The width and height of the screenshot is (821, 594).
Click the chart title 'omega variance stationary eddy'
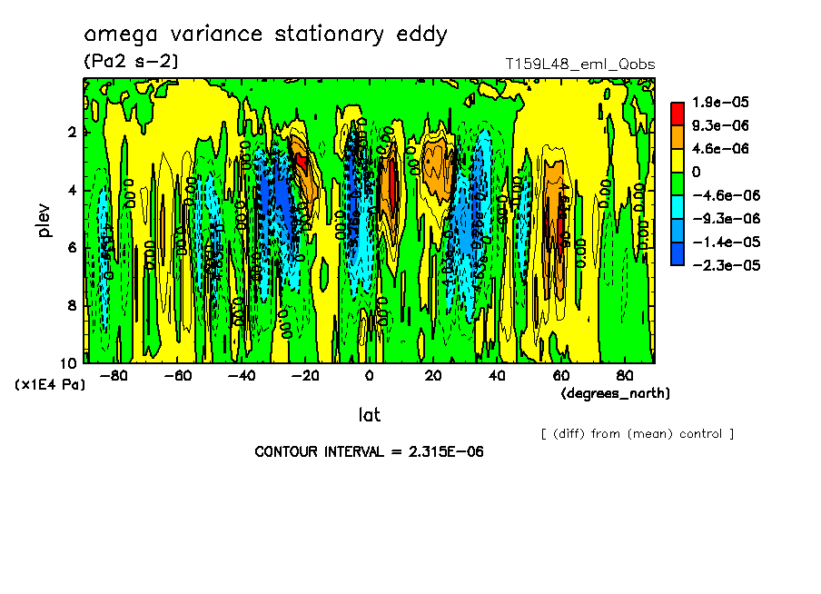(265, 35)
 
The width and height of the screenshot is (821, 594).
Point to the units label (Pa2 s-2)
(131, 61)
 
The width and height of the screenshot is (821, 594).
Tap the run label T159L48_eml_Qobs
(579, 64)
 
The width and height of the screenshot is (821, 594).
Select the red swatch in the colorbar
(677, 113)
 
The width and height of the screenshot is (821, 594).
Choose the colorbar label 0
(695, 172)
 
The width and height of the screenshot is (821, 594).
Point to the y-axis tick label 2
(72, 132)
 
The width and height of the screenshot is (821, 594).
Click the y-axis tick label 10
(69, 362)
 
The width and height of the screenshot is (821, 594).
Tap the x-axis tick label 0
(369, 376)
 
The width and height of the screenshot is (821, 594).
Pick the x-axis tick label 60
(560, 376)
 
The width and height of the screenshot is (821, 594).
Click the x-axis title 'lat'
(369, 415)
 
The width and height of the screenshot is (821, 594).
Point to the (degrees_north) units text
(616, 393)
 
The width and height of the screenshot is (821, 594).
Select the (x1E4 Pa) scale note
(50, 385)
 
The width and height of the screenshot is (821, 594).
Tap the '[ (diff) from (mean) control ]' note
(637, 434)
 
